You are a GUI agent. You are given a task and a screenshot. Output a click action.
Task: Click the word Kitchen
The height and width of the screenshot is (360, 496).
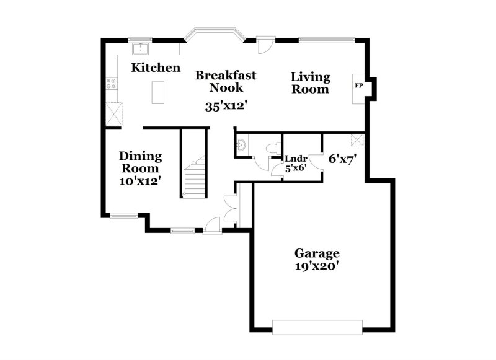pos(156,68)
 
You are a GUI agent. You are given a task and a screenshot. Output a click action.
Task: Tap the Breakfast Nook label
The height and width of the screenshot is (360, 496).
pos(226,81)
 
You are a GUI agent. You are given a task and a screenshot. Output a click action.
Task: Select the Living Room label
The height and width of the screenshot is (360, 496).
pos(311,83)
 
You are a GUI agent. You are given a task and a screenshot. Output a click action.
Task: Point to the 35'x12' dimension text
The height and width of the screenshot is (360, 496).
pos(227,105)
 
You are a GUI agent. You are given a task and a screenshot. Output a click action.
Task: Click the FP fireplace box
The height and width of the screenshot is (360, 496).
pos(358,86)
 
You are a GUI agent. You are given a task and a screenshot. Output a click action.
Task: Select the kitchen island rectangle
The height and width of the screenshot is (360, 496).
pos(158,93)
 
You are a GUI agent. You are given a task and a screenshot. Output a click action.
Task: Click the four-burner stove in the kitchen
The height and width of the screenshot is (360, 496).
pos(112,82)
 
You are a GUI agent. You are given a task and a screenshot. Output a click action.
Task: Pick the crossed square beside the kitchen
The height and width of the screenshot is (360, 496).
pos(113,114)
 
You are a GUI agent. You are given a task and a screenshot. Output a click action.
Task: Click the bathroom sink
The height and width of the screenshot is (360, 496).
pos(242,145)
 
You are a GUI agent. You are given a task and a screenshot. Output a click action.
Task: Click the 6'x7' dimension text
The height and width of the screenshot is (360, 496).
pos(342,159)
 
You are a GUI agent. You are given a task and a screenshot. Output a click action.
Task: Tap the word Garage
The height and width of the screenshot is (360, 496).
pos(317,253)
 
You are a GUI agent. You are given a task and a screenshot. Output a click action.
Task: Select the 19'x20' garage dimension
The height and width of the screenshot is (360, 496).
pos(317,266)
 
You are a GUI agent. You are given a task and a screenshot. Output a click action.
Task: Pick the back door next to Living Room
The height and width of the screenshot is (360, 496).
pos(266,46)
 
